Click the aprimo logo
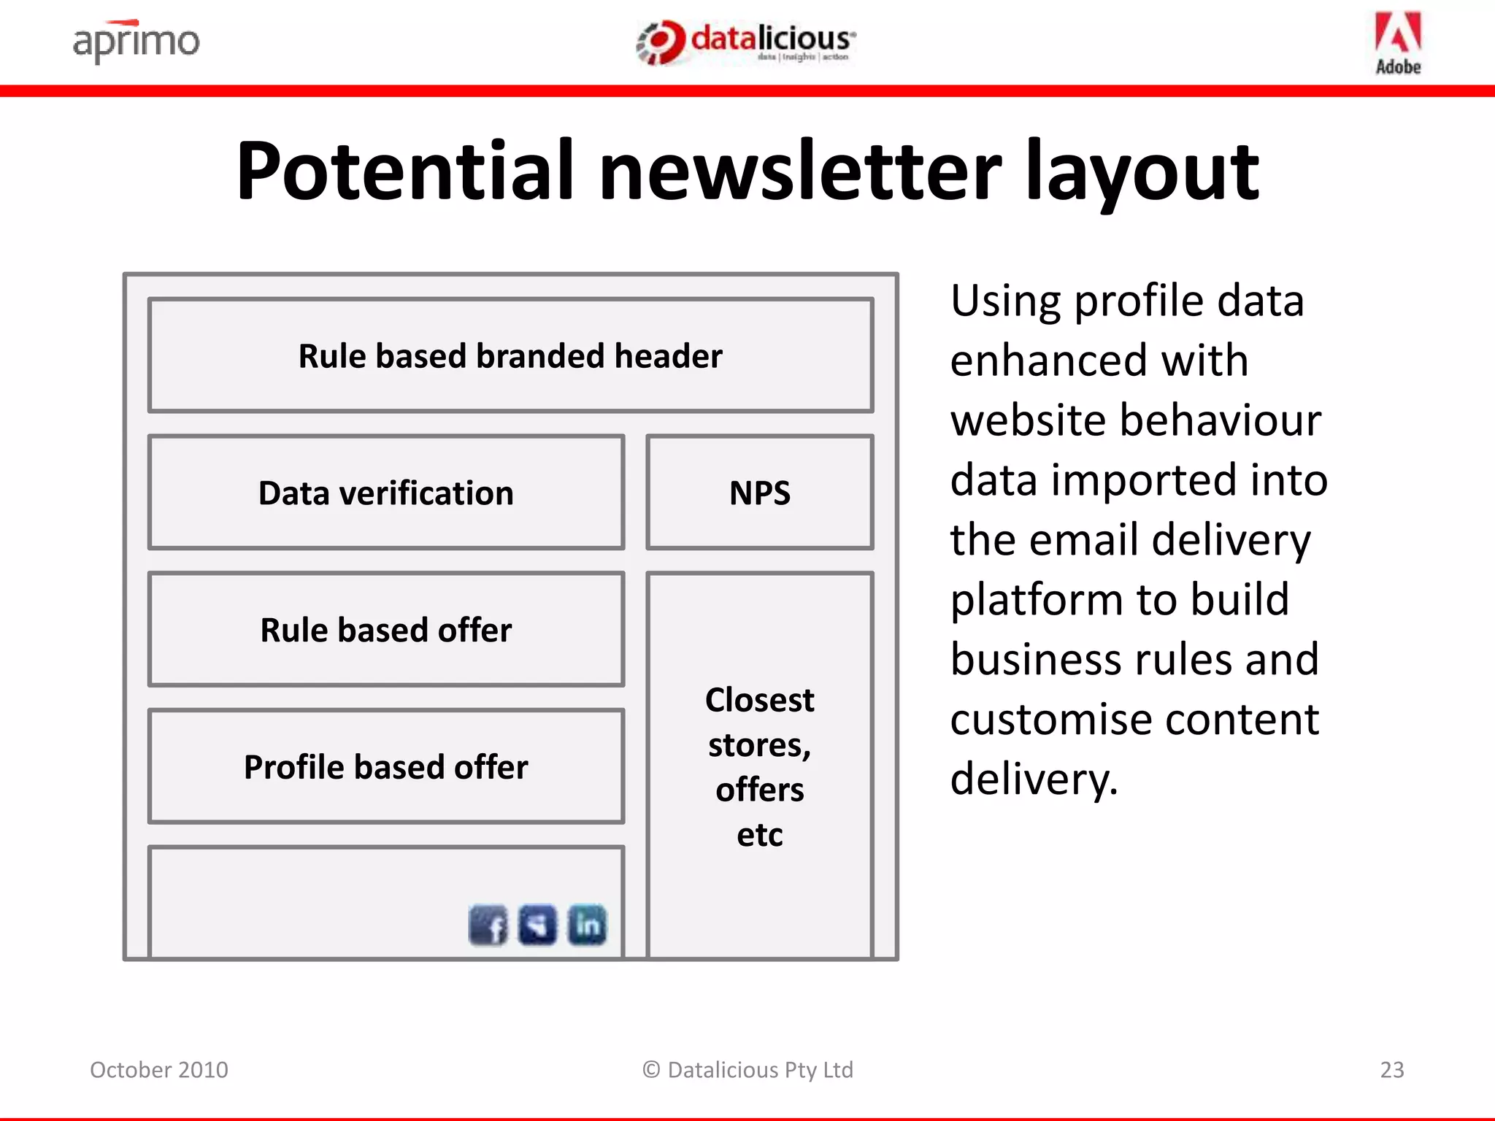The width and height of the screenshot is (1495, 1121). tap(136, 42)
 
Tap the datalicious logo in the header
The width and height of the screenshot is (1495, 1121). tap(746, 42)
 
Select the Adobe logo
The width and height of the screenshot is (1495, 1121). tap(1398, 43)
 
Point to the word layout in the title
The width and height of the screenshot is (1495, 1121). tap(1142, 172)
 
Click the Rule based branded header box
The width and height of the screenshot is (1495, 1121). tap(510, 355)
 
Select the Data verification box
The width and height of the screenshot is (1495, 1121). tap(386, 493)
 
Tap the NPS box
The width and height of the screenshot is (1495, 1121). tap(760, 493)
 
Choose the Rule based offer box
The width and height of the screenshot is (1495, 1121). tap(386, 629)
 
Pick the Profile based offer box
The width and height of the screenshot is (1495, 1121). tap(386, 766)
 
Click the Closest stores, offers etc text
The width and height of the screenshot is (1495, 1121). tap(760, 766)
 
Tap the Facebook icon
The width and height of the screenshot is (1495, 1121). tap(488, 925)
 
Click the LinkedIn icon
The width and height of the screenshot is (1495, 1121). tap(587, 925)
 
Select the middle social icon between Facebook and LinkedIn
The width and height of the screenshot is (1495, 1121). tap(537, 925)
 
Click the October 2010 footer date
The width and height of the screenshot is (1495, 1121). tap(159, 1070)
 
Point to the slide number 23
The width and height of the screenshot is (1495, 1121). tap(1392, 1070)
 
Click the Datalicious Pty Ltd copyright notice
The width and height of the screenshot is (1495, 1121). tap(747, 1070)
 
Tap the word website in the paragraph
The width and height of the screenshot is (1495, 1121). tap(1026, 420)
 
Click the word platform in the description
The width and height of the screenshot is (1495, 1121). tap(1037, 600)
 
